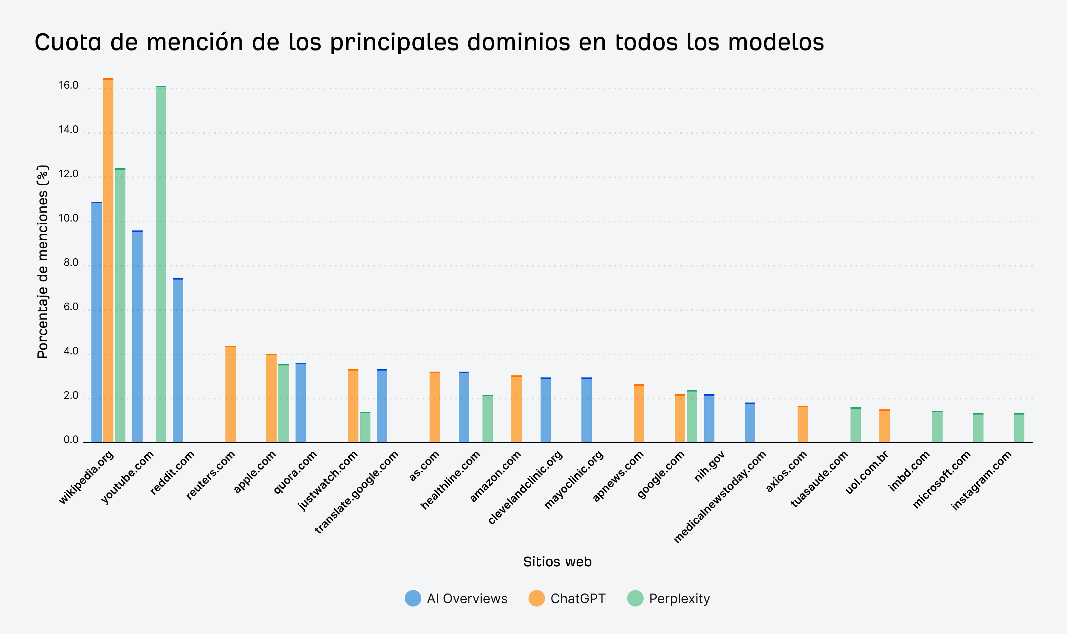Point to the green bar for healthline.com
point(487,418)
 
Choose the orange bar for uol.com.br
point(885,426)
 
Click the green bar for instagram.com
point(1019,427)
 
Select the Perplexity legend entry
point(668,599)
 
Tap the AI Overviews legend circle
point(413,599)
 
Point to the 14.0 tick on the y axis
point(68,129)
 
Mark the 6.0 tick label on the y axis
point(71,307)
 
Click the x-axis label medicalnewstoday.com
point(720,497)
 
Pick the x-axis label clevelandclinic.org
point(526,487)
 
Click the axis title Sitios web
point(557,562)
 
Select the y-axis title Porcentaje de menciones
point(42,261)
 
